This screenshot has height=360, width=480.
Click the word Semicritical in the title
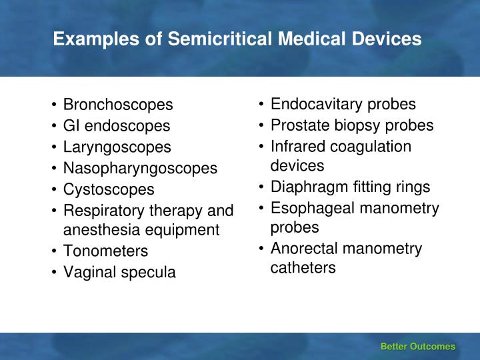point(220,39)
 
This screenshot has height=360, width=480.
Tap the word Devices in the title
point(386,39)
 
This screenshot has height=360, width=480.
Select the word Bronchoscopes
point(118,105)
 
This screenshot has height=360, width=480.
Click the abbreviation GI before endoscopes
point(71,125)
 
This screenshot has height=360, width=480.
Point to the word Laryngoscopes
point(117,147)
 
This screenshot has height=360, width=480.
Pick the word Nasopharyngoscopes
point(140,169)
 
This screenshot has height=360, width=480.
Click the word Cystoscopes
point(109,190)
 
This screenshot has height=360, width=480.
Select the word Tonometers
point(105,251)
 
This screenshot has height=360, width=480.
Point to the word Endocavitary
point(316,105)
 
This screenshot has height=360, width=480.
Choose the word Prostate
point(300,125)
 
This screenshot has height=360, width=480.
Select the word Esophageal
point(313,209)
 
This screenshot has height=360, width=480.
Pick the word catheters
point(303,267)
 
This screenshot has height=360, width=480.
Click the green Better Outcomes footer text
point(418,347)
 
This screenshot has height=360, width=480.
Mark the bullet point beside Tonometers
point(54,251)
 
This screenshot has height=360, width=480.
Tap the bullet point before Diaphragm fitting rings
point(261,187)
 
